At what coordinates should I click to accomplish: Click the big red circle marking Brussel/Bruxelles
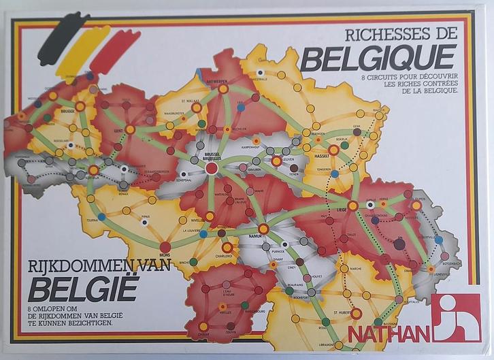pos(212,168)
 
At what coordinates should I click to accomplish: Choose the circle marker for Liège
pos(352,205)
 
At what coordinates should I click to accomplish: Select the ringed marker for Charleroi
pos(227,247)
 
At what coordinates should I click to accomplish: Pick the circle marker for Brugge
pos(80,106)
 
